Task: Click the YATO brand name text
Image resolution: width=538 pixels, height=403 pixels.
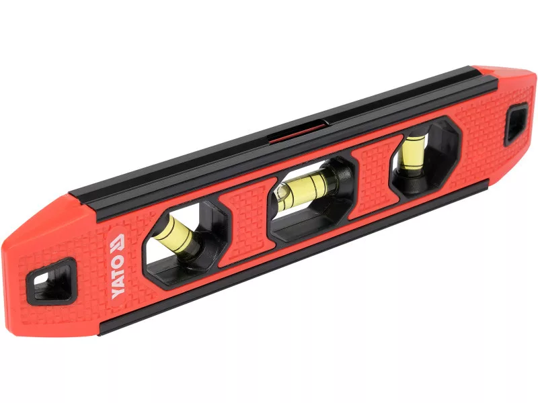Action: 118,277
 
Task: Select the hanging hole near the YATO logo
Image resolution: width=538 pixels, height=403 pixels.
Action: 52,281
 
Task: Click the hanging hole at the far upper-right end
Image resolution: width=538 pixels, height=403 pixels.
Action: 516,124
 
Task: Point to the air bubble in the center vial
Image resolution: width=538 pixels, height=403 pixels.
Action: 282,193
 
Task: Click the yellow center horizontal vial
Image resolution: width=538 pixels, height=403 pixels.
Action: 304,189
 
